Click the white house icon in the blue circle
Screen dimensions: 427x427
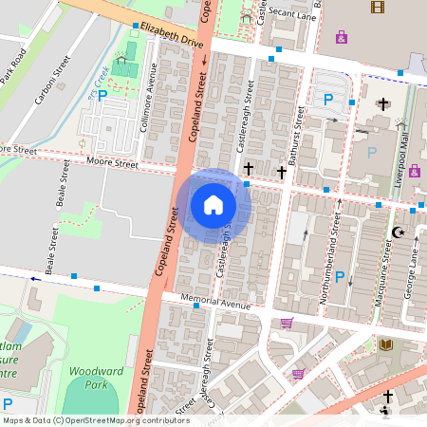point(213,204)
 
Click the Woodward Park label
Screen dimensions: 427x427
point(92,379)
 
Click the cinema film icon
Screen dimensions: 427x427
point(379,8)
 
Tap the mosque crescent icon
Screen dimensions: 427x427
point(398,232)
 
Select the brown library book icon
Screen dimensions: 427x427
point(385,343)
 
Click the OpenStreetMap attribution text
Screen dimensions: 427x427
point(83,420)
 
